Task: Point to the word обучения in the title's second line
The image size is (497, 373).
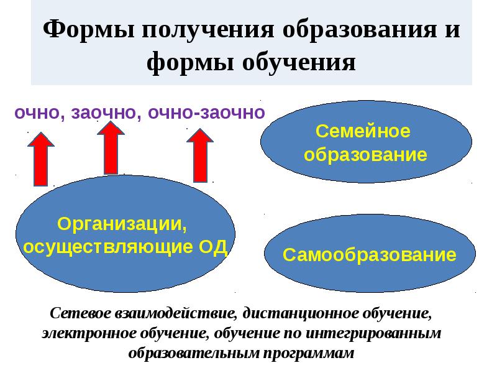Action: tap(303, 63)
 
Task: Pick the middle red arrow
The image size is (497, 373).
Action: tap(111, 148)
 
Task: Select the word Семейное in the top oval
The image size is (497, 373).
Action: tap(365, 132)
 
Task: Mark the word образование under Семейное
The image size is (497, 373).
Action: tap(365, 154)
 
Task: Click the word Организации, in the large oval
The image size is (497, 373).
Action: tap(122, 223)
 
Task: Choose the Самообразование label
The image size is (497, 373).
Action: tap(370, 254)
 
